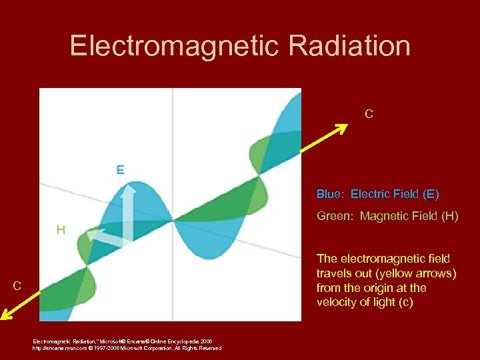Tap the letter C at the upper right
click(369, 114)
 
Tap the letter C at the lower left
click(17, 286)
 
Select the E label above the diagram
click(120, 170)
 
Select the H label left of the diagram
click(61, 231)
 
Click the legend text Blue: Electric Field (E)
click(377, 195)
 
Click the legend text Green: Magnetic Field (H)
click(387, 216)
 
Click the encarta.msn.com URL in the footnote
click(59, 348)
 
